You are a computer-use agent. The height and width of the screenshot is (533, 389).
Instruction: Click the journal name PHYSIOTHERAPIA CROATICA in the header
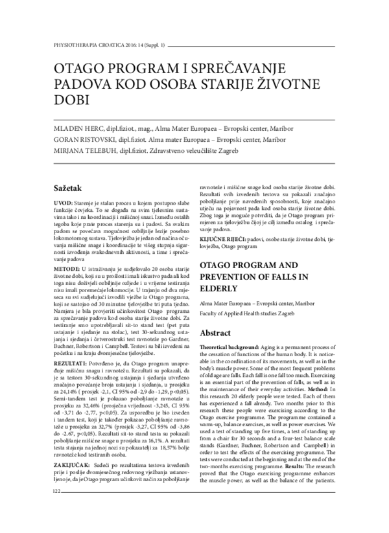(79, 46)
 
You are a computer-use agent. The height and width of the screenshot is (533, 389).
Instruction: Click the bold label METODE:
(67, 266)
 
